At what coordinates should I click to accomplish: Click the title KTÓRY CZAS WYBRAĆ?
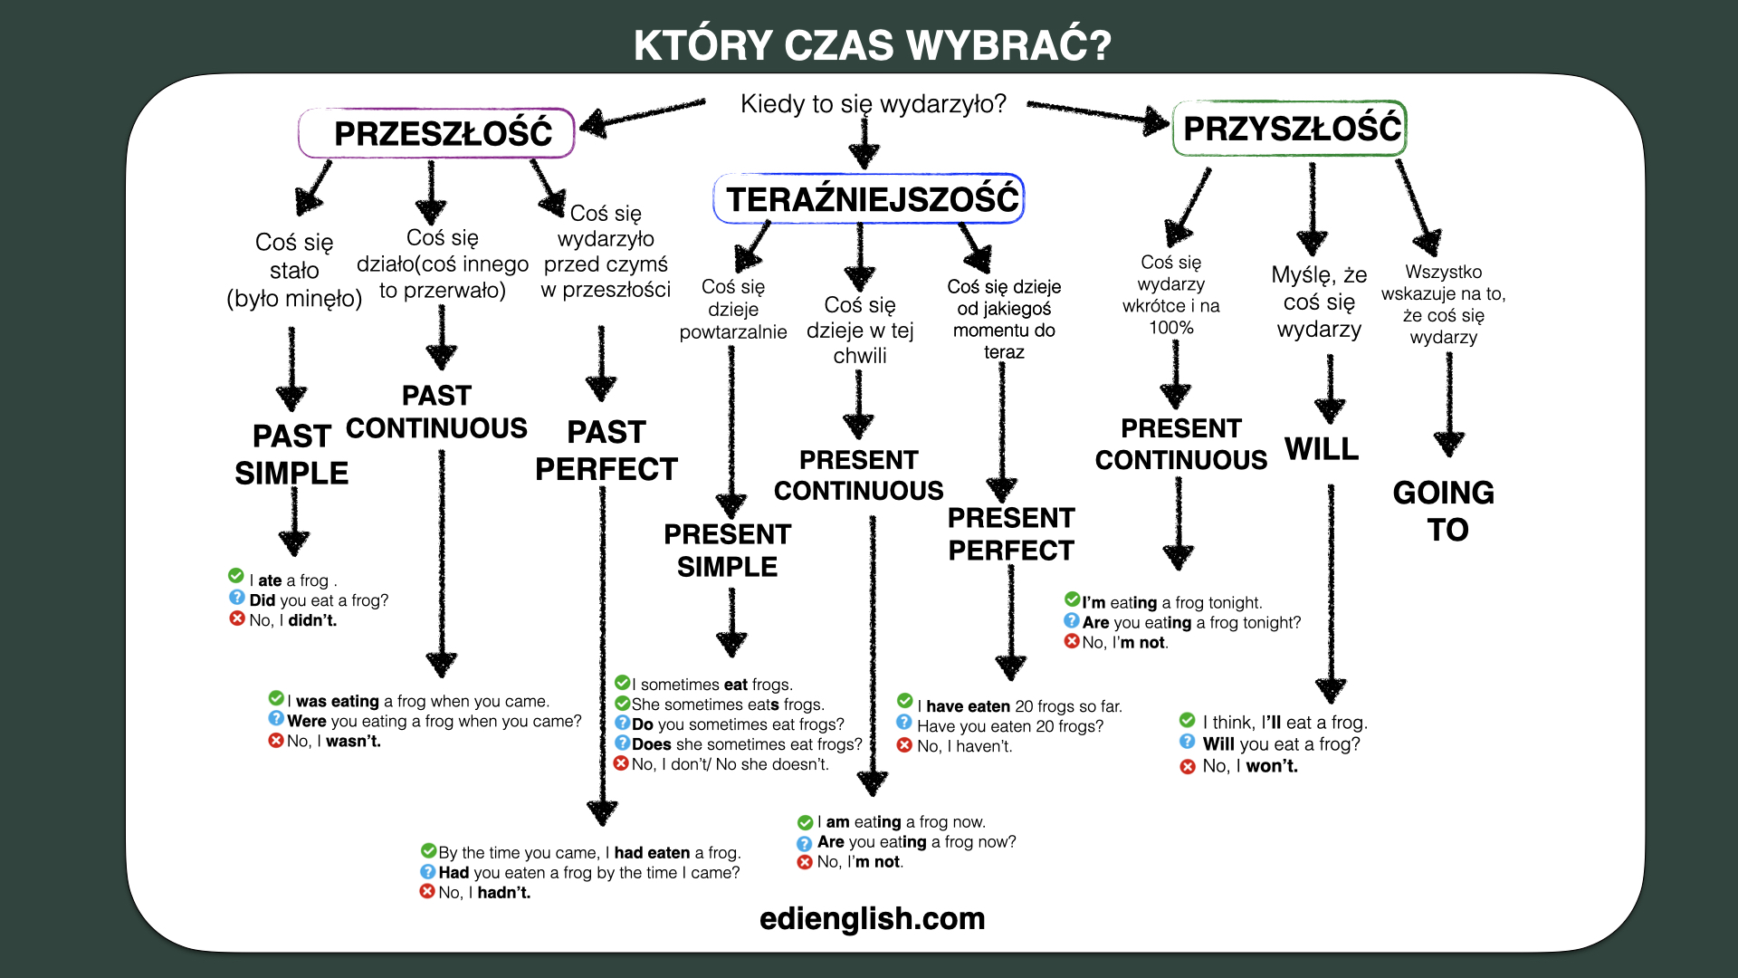[x=872, y=45]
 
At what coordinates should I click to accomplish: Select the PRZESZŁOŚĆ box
[x=437, y=133]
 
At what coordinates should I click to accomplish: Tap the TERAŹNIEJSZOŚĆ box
[x=869, y=198]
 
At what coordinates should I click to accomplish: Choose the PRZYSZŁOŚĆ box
[x=1290, y=129]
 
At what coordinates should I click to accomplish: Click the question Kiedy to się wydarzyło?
[x=874, y=104]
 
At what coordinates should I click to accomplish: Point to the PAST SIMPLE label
[x=291, y=455]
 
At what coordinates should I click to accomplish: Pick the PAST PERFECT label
[x=606, y=451]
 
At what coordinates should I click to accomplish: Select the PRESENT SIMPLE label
[x=728, y=551]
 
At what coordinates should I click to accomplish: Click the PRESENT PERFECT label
[x=1011, y=534]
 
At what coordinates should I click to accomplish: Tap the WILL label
[x=1322, y=449]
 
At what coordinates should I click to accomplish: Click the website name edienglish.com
[x=872, y=918]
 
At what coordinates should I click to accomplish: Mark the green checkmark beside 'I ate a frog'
[x=236, y=576]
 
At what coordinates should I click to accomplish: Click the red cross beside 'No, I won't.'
[x=1188, y=767]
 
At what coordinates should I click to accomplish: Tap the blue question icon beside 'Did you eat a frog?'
[x=236, y=598]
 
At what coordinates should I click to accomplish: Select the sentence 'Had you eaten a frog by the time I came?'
[x=589, y=873]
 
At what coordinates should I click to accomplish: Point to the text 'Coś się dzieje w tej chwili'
[x=860, y=331]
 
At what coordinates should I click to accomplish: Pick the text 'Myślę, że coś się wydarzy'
[x=1319, y=302]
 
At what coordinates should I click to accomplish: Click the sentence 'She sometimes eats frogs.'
[x=728, y=705]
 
